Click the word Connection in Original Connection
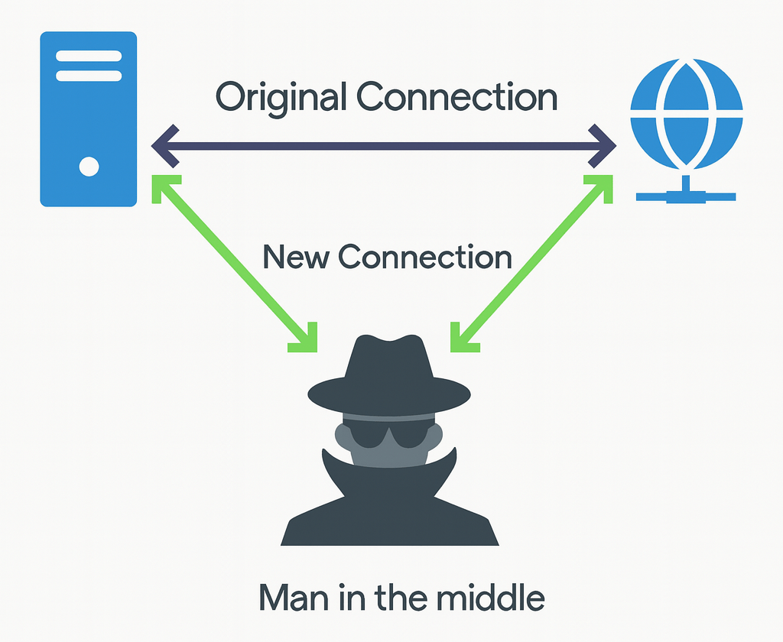[x=457, y=98]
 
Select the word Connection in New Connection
[x=425, y=257]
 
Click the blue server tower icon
[x=89, y=118]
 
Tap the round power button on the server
[x=89, y=166]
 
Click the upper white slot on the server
[x=89, y=56]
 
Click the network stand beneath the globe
[x=686, y=191]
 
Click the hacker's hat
[x=388, y=374]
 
